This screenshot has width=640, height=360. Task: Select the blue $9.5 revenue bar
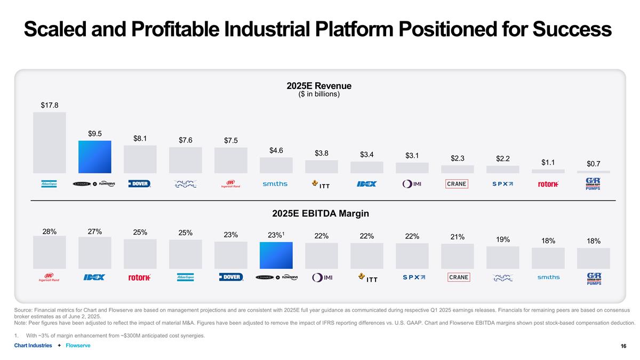(95, 157)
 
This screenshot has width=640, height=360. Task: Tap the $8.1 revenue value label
(140, 139)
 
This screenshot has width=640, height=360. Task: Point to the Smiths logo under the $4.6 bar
(275, 184)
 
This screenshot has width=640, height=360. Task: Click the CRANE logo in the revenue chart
(457, 184)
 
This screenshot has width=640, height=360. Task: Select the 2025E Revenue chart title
(319, 86)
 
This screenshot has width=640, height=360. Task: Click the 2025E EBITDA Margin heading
(320, 213)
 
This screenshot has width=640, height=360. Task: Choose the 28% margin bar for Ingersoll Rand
(49, 252)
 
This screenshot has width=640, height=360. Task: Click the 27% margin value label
(95, 231)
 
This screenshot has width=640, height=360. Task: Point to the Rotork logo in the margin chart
(140, 277)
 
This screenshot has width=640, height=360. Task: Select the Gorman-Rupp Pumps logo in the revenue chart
(593, 184)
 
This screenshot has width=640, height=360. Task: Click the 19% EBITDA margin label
(502, 239)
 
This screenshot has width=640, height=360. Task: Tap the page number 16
(623, 346)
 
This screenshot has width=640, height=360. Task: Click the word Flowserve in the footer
(78, 346)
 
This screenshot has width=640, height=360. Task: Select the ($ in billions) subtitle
(319, 94)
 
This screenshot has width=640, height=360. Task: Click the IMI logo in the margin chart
(322, 277)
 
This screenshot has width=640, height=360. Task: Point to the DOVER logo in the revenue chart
(140, 184)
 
